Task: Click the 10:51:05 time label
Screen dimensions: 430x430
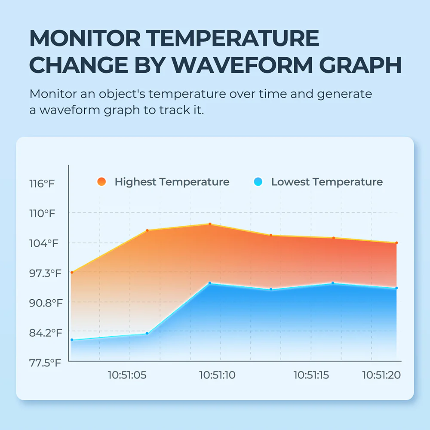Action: coord(127,375)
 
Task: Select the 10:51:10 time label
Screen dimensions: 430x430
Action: coord(217,375)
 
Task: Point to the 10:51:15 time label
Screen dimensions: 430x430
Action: coord(311,375)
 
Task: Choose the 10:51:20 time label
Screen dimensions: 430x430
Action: coord(381,375)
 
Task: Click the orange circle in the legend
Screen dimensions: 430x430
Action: coord(101,182)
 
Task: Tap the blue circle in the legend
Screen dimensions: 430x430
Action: coord(258,182)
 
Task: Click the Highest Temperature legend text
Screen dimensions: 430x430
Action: coord(172,182)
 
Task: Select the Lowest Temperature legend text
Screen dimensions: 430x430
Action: coord(327,182)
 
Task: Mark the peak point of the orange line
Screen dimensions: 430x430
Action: coord(210,224)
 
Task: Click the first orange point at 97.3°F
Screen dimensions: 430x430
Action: coord(72,273)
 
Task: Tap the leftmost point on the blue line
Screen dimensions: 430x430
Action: coord(72,340)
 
